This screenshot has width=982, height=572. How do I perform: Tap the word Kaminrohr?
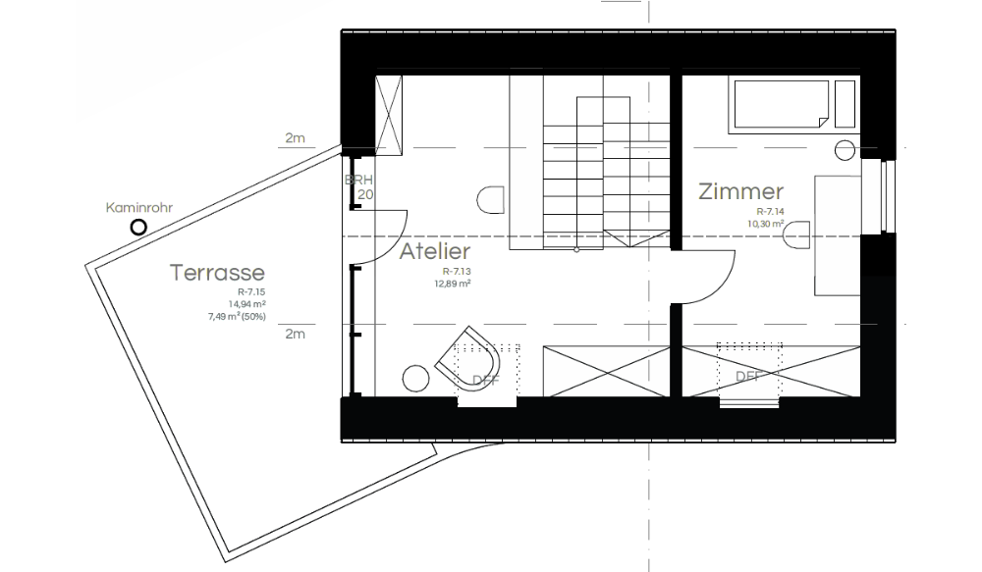(x=138, y=208)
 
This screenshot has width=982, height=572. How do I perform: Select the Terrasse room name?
(x=217, y=272)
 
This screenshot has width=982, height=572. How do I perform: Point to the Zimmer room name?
(x=740, y=192)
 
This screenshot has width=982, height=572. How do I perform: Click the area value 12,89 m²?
(x=453, y=284)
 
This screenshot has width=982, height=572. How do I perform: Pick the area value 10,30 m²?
(x=765, y=224)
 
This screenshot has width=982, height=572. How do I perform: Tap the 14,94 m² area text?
(x=249, y=304)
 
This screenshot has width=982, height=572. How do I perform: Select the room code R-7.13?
(x=459, y=271)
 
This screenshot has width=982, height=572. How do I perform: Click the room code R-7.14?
(x=771, y=212)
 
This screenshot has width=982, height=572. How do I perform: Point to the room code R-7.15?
(x=252, y=292)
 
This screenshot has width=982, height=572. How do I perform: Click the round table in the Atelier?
(x=416, y=378)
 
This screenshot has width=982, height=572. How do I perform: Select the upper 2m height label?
(x=295, y=138)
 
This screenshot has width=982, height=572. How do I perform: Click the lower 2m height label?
(x=295, y=335)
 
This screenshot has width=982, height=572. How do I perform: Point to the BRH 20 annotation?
(x=358, y=187)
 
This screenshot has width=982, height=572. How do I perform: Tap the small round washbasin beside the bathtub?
(x=846, y=150)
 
